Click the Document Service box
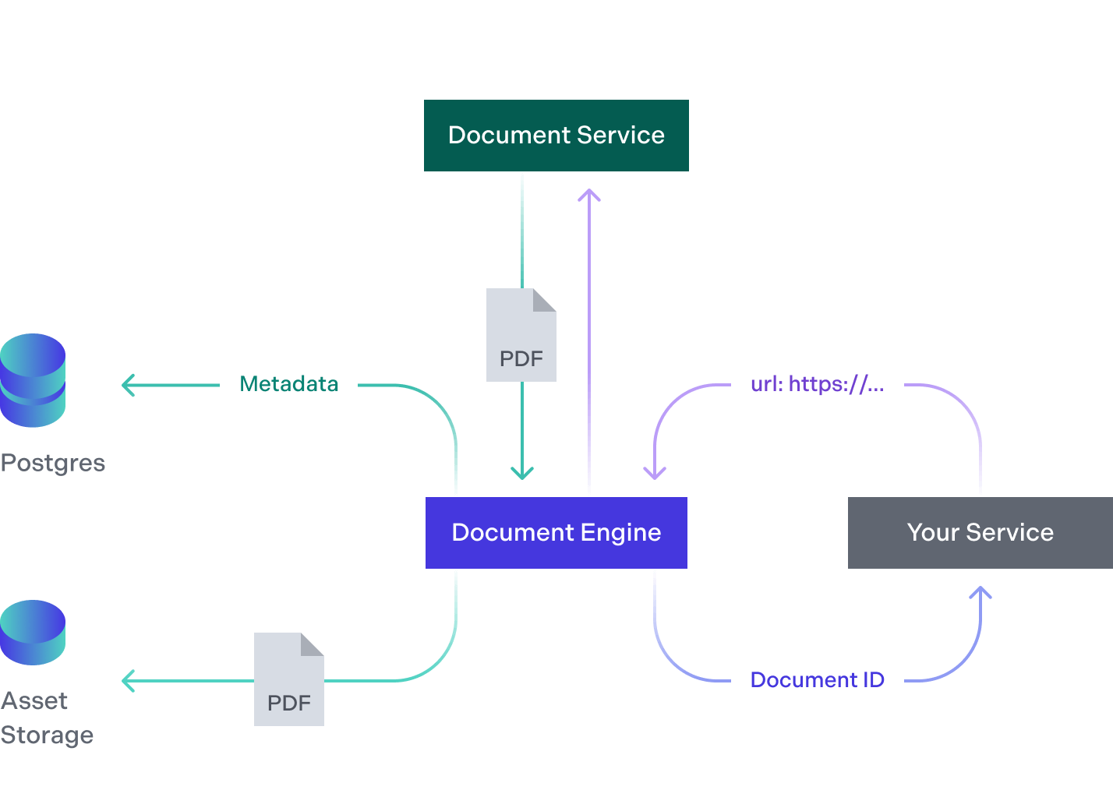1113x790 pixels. tap(556, 136)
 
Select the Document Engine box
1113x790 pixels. tap(556, 533)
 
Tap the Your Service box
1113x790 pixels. tap(980, 533)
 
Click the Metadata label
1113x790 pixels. tap(289, 384)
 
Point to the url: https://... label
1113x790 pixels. tap(817, 384)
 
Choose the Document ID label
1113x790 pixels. tap(817, 680)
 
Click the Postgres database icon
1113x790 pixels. tap(33, 380)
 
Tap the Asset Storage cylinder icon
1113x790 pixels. tap(33, 632)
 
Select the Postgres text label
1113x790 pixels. tap(53, 463)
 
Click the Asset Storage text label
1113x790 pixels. tap(47, 718)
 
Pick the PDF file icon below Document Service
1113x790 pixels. tap(521, 335)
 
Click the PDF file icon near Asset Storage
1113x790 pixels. tap(288, 679)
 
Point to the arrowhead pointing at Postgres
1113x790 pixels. tap(127, 385)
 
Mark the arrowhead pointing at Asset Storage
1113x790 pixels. tap(127, 681)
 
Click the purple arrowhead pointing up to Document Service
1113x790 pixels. tap(589, 195)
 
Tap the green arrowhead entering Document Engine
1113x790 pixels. tap(522, 473)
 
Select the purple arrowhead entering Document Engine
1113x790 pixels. tap(655, 473)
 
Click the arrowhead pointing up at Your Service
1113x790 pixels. tap(980, 593)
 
